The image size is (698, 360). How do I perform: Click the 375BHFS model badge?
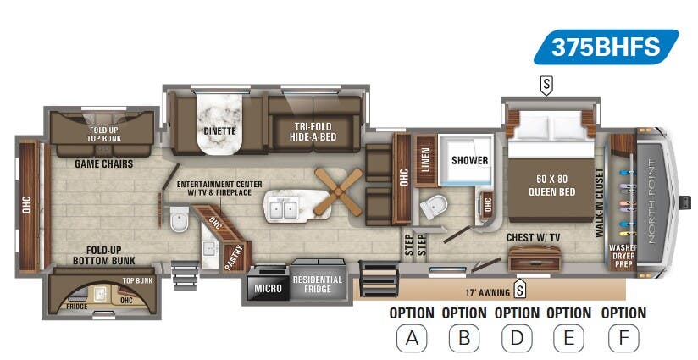click(x=606, y=47)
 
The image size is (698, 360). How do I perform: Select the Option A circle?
click(x=412, y=339)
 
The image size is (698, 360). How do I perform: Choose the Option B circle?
click(x=464, y=339)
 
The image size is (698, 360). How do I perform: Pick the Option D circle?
click(x=517, y=339)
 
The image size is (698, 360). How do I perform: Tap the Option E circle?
click(x=568, y=339)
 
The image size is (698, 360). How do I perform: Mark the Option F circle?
click(x=623, y=339)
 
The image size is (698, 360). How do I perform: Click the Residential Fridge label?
click(x=318, y=285)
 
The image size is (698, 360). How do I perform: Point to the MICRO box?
click(x=268, y=289)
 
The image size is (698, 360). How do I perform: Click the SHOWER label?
click(x=465, y=159)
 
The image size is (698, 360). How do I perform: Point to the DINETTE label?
click(x=219, y=131)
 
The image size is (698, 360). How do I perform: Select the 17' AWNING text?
click(x=489, y=292)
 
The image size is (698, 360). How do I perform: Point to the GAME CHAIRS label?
click(x=104, y=163)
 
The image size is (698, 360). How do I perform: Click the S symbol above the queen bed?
click(x=546, y=85)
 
